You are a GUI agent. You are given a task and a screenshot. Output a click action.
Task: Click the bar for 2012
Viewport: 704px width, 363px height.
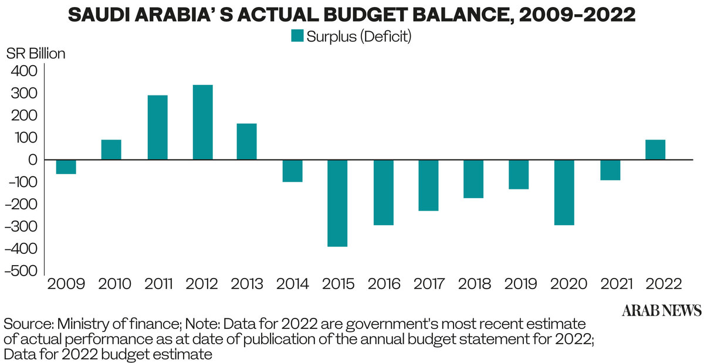click(x=202, y=122)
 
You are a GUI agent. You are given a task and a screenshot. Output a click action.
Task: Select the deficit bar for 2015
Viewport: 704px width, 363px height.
click(x=337, y=203)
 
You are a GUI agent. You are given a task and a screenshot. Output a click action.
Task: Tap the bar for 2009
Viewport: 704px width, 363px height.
click(x=66, y=167)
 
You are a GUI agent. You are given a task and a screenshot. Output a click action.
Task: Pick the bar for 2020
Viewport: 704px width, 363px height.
click(x=564, y=192)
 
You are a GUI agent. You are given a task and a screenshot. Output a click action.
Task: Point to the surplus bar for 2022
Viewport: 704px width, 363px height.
click(x=655, y=150)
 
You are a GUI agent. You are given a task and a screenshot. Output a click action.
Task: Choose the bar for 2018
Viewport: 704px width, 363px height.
click(x=473, y=179)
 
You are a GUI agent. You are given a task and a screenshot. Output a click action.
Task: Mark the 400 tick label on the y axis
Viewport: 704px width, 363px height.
click(x=24, y=71)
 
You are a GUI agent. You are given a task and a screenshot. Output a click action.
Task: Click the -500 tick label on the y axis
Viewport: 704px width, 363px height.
click(x=20, y=272)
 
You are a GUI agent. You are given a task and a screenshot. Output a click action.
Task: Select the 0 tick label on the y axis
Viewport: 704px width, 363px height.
click(x=33, y=160)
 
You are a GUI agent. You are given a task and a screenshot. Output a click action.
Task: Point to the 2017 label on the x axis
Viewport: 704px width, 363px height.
click(x=429, y=284)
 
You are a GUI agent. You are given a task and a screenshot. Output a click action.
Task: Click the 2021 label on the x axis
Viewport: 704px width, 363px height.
click(x=611, y=284)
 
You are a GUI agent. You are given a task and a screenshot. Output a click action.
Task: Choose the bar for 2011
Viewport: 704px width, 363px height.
click(x=157, y=127)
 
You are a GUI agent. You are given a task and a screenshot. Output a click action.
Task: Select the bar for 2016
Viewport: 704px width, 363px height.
click(x=384, y=192)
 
